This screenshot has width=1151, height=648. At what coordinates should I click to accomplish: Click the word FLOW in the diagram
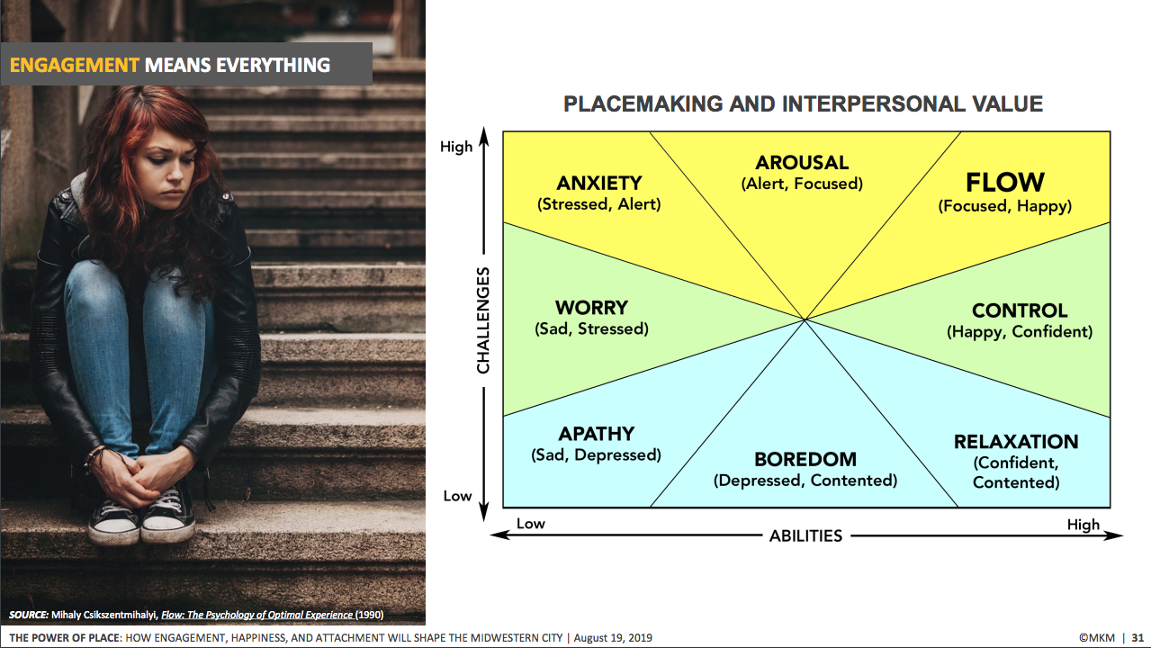click(1005, 183)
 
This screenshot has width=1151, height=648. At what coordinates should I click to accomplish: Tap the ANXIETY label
click(599, 183)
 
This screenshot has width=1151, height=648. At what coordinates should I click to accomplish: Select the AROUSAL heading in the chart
click(802, 163)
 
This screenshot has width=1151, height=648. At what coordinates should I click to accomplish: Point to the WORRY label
click(591, 308)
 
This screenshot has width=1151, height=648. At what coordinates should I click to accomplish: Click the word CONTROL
click(1020, 310)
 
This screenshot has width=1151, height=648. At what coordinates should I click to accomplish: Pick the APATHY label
click(596, 434)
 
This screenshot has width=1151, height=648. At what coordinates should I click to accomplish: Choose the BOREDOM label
click(805, 459)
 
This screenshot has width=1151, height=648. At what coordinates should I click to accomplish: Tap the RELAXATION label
click(1016, 442)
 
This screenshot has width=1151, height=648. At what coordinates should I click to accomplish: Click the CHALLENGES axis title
click(483, 320)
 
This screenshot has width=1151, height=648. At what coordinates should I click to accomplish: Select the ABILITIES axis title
click(805, 536)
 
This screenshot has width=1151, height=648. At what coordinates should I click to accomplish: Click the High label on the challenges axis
click(456, 147)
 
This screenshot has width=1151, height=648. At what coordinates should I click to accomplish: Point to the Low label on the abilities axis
click(530, 524)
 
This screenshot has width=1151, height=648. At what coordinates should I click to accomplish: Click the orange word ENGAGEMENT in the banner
click(75, 66)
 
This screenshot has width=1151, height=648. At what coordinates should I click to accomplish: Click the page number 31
click(1138, 638)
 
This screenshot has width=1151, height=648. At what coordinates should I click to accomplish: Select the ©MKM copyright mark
click(1097, 638)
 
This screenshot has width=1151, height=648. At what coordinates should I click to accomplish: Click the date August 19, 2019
click(613, 638)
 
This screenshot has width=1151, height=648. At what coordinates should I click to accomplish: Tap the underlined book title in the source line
click(256, 615)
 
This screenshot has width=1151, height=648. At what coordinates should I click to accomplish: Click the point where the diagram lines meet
click(805, 319)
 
